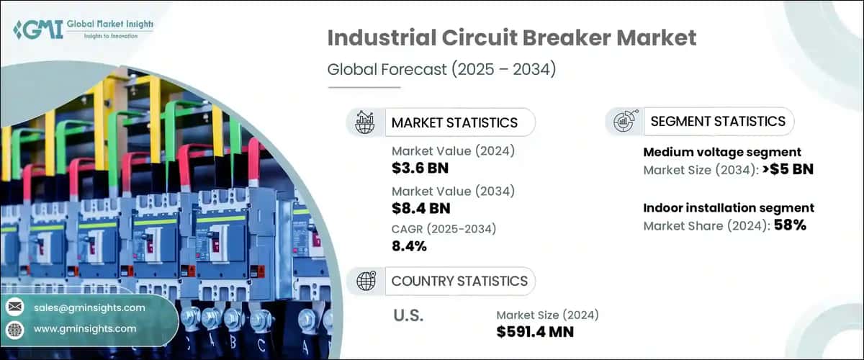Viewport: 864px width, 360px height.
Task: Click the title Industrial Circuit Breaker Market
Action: coord(511,39)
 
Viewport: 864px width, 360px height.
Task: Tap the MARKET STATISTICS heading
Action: coord(454,122)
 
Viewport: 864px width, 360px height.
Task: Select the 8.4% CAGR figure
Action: coord(410,246)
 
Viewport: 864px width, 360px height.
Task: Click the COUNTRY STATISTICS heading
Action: coord(459,281)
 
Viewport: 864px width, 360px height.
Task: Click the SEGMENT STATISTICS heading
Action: coord(717,121)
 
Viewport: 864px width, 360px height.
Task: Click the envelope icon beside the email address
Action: coord(14,307)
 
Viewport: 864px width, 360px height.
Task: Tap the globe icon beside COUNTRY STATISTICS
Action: coord(366,281)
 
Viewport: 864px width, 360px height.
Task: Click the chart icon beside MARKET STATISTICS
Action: coord(366,122)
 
